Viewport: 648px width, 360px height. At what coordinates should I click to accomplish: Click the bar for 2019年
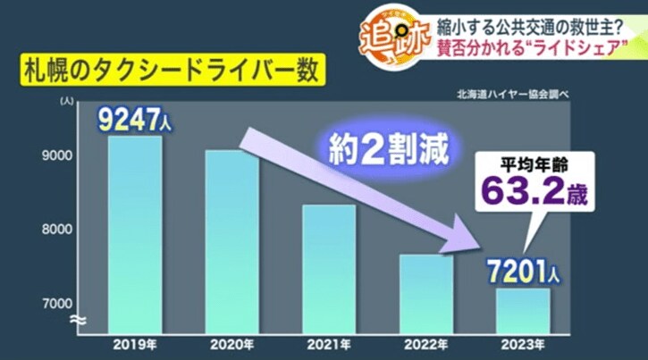point(134,232)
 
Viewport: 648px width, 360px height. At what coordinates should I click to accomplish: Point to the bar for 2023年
point(523,307)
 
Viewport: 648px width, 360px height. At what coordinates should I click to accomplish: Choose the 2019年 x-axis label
point(134,341)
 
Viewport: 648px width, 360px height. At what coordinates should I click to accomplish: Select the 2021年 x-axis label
point(328,341)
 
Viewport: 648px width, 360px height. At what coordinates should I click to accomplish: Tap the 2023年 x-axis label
point(523,341)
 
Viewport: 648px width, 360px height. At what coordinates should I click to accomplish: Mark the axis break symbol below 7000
point(79,319)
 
